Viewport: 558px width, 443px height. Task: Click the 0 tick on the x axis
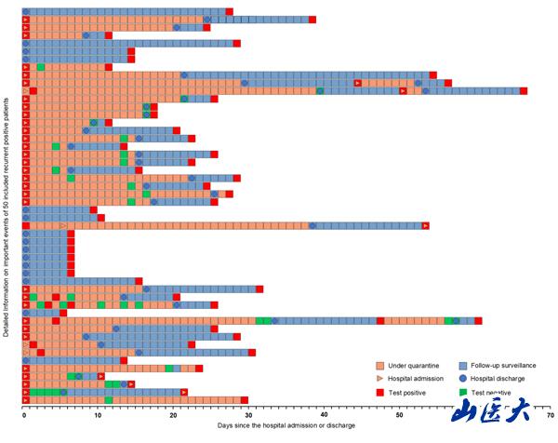(23, 415)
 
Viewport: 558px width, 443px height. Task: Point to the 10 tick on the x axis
(99, 415)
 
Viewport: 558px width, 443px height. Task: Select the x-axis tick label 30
(249, 415)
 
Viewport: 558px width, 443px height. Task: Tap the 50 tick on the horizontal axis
(400, 415)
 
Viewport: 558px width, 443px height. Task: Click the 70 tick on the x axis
(551, 415)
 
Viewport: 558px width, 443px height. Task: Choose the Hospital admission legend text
(413, 379)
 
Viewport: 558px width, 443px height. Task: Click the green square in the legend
(462, 392)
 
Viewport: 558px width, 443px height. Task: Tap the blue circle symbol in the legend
(462, 379)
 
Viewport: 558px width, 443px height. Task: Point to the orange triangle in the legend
(379, 379)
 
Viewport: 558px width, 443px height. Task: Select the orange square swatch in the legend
(379, 366)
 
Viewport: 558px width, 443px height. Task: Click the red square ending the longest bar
(524, 90)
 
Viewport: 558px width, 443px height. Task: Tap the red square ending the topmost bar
(230, 12)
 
